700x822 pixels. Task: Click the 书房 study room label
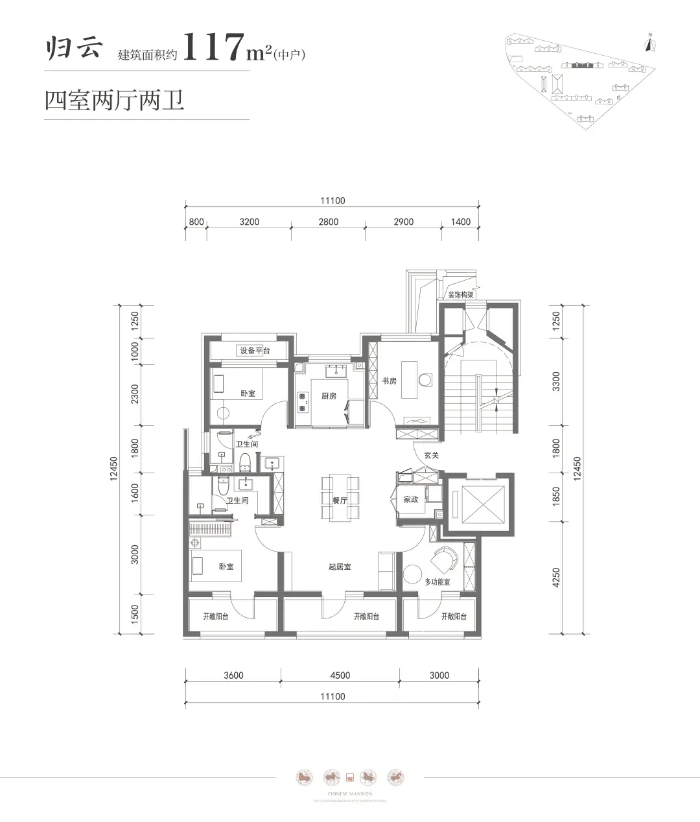(389, 381)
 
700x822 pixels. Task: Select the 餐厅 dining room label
(340, 500)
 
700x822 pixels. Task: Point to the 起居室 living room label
(340, 567)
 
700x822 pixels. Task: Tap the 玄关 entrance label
(432, 455)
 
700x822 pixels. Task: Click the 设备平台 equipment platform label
(255, 351)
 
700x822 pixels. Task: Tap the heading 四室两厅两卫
(115, 101)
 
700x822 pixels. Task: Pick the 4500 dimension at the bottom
(340, 675)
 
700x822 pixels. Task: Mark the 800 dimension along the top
(196, 222)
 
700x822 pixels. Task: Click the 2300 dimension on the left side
(135, 393)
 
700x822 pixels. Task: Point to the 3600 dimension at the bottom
(233, 675)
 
